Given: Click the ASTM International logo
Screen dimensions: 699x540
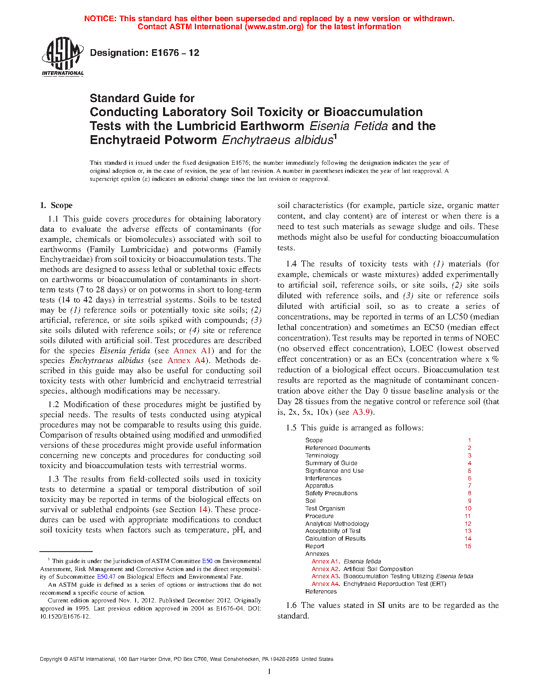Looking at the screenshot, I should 62,56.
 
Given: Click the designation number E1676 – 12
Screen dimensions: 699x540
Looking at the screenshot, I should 144,53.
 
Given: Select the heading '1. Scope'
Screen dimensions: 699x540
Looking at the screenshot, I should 56,205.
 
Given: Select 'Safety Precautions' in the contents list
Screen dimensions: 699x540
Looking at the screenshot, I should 331,493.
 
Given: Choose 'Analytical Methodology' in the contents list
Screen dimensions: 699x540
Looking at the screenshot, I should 337,524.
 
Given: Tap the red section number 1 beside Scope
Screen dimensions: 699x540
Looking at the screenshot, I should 469,440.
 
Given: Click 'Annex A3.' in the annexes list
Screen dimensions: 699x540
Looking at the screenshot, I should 326,576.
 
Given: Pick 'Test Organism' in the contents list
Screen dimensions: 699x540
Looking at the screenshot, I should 325,508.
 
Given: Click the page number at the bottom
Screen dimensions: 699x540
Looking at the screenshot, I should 269,671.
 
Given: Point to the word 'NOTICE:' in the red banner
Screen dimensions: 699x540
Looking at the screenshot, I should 100,19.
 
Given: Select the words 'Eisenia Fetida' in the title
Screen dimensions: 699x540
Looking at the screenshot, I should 349,126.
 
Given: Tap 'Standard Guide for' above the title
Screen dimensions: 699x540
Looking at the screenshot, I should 142,98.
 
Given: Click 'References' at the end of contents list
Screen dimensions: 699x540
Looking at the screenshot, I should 321,591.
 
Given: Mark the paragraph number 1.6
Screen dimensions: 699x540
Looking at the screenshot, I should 291,605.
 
